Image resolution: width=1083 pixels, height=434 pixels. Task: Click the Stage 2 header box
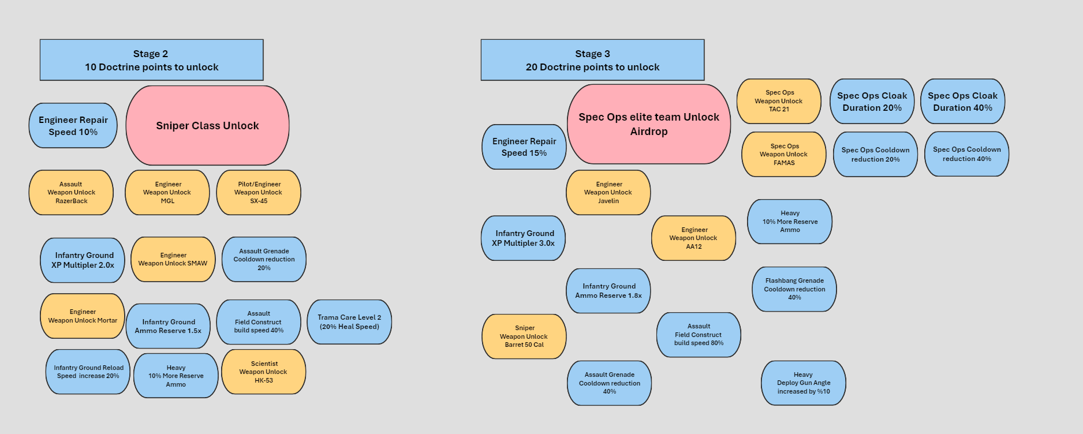151,60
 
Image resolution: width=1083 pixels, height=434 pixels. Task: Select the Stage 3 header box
592,60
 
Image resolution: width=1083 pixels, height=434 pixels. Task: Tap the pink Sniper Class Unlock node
207,126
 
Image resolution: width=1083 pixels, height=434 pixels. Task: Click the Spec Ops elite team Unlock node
649,124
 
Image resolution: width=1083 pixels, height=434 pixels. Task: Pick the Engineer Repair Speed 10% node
73,126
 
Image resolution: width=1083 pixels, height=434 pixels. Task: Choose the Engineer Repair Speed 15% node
524,147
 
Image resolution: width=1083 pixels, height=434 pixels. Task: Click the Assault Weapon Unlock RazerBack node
72,193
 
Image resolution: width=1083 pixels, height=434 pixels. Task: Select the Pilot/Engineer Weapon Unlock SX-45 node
259,193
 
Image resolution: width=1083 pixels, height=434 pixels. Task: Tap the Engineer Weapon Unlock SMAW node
173,260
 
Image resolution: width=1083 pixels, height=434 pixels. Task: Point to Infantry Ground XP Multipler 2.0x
83,260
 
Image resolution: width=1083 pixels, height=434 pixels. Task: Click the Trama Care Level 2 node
349,322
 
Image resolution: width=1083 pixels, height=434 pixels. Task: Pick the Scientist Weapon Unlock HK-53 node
264,372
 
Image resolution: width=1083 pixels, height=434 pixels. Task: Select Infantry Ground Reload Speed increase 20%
88,372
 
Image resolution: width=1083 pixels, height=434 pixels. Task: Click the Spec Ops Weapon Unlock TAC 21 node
779,101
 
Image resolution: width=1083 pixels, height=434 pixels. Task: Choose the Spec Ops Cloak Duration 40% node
962,102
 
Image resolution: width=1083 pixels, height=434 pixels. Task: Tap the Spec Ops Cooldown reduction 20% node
875,155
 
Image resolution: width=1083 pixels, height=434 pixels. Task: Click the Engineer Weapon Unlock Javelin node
608,193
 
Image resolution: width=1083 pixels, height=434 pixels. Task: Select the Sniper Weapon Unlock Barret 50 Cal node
524,336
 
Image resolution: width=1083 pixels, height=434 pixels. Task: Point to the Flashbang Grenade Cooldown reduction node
794,289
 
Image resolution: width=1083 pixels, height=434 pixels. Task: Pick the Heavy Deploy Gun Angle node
804,383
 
